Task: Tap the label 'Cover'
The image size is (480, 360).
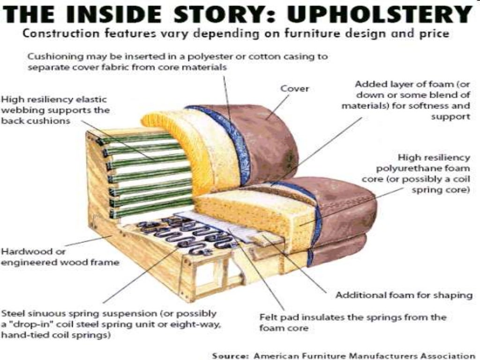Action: tap(294, 89)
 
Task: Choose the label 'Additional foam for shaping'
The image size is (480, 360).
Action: tap(404, 295)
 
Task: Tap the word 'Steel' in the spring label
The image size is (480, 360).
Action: tap(12, 313)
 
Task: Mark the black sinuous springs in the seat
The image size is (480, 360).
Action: tap(187, 232)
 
